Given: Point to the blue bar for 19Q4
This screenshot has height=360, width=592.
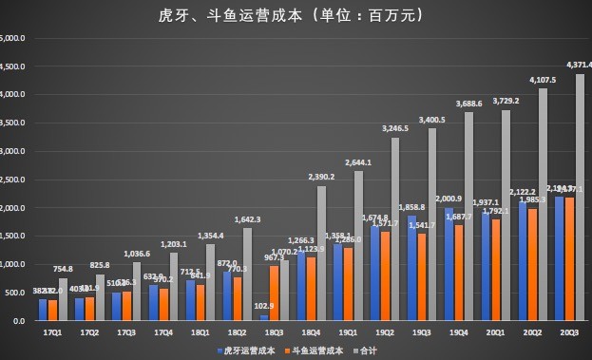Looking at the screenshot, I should click(449, 264).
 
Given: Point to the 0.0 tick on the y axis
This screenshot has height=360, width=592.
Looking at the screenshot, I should click(13, 321).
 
